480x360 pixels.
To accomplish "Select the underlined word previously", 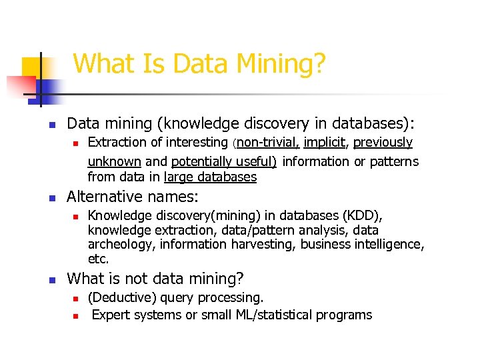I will pos(383,143).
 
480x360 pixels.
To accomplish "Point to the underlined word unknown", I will pos(114,161).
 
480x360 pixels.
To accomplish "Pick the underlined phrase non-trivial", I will pos(269,143).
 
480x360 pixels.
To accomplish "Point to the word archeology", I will pos(120,245).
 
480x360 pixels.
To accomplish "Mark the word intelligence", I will pos(390,245).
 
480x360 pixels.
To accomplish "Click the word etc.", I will pos(99,259).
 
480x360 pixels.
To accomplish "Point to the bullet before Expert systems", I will pos(76,315).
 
